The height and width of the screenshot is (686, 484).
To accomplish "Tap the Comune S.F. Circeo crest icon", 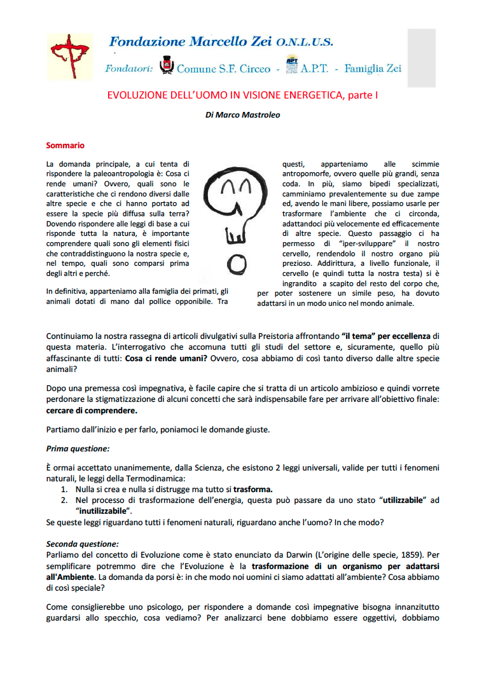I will click(167, 66).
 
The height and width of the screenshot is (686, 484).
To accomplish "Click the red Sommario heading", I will click(65, 146).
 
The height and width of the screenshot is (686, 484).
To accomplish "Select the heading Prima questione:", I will click(78, 448).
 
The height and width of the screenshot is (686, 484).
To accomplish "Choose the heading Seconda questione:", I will click(82, 544).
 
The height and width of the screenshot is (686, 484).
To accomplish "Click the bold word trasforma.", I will click(252, 489).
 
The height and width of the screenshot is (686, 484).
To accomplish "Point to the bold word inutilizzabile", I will click(104, 510).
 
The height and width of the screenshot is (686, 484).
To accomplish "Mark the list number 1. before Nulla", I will click(64, 489).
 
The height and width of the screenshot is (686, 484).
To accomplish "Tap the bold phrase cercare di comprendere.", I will click(91, 410).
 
